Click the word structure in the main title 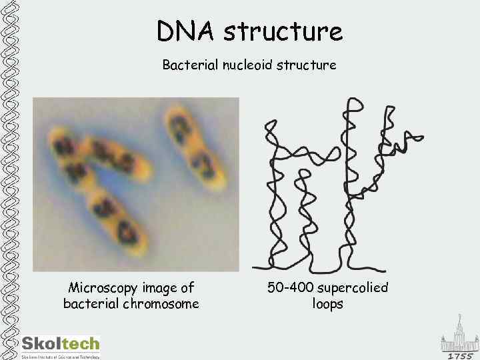[x=283, y=31]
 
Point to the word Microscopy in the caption [x=104, y=288]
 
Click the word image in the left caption [x=162, y=288]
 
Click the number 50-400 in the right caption [x=291, y=288]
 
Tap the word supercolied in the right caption [x=353, y=288]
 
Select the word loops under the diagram [x=327, y=304]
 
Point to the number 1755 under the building [x=459, y=355]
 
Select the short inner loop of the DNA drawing [x=304, y=200]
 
